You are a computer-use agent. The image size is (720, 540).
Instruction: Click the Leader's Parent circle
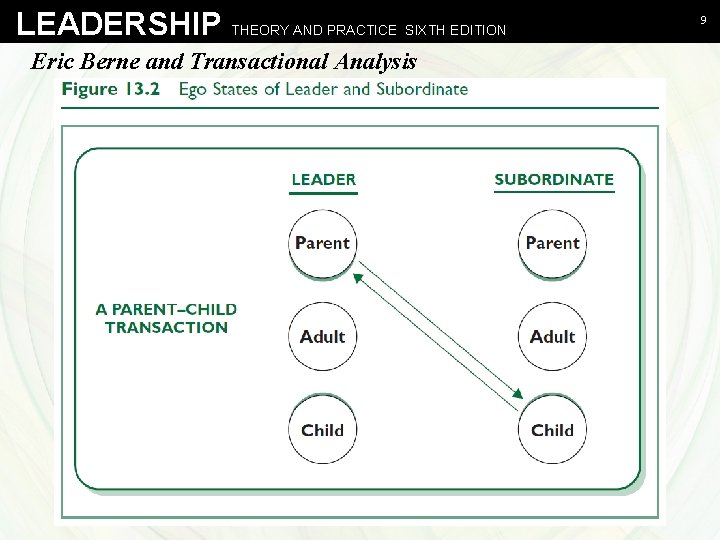coord(322,243)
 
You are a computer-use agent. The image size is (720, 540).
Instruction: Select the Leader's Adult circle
coord(322,337)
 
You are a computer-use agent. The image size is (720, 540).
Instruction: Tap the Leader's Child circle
coord(322,430)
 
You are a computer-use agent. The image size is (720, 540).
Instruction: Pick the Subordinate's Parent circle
coord(552,243)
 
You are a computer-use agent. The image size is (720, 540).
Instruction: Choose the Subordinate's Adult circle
coord(552,337)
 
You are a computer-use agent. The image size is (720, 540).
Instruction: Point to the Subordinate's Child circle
coord(552,430)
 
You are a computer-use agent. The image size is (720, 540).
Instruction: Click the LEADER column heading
coord(323,180)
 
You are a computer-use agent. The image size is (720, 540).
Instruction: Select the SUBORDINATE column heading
coord(554,180)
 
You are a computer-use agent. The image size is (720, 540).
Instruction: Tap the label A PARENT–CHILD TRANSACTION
coord(166,318)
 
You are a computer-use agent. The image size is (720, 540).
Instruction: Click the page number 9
coord(703,19)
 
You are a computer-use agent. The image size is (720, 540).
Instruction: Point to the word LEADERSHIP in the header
coord(119,24)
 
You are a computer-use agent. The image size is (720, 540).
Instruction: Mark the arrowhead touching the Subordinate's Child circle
coord(516,395)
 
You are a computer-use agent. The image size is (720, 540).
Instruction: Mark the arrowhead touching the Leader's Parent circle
coord(359,272)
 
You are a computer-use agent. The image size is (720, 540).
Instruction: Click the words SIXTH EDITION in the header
coord(455,30)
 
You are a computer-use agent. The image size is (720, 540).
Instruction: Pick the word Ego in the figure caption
coord(194,89)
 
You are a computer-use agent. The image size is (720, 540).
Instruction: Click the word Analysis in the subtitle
coord(375,61)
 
